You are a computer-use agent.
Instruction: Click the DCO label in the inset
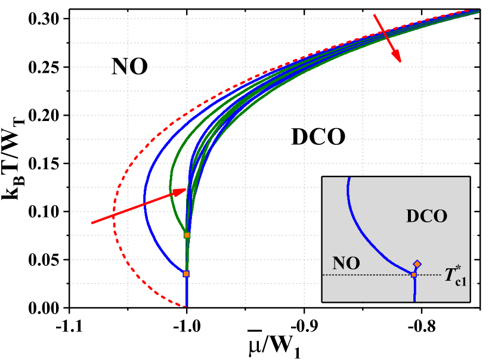coord(426,216)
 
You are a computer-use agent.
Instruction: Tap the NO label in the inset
coord(346,263)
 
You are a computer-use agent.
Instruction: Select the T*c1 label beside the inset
coord(456,277)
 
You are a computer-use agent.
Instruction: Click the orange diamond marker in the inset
coord(417,264)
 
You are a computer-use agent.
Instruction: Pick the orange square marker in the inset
coord(414,274)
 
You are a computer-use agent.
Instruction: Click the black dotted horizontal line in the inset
coord(370,275)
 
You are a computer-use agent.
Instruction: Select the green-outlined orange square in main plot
coord(187,235)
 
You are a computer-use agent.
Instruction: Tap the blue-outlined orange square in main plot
coord(186,274)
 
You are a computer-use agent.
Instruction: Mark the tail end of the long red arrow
coord(92,223)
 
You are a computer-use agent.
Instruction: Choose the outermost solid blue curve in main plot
coord(144,197)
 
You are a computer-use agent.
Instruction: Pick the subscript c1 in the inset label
coord(461,282)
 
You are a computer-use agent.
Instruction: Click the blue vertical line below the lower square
coord(187,292)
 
